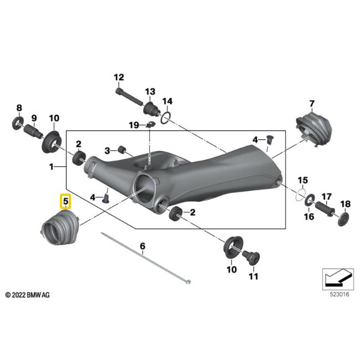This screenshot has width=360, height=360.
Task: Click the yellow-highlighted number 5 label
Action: pyautogui.click(x=66, y=202)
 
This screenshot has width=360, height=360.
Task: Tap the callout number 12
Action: pyautogui.click(x=119, y=77)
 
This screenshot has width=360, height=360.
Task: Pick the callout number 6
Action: pyautogui.click(x=142, y=245)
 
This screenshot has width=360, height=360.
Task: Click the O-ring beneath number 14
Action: pyautogui.click(x=165, y=117)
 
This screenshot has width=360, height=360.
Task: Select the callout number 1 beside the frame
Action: pyautogui.click(x=51, y=166)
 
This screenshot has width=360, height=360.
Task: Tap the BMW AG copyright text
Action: pyautogui.click(x=27, y=296)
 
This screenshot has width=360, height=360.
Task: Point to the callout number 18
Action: pyautogui.click(x=344, y=204)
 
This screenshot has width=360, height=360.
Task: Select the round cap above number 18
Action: pyautogui.click(x=344, y=218)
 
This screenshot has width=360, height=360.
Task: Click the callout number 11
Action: pyautogui.click(x=253, y=276)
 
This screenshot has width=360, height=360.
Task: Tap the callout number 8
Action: pyautogui.click(x=19, y=108)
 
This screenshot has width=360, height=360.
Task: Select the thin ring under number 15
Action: pyautogui.click(x=300, y=194)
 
